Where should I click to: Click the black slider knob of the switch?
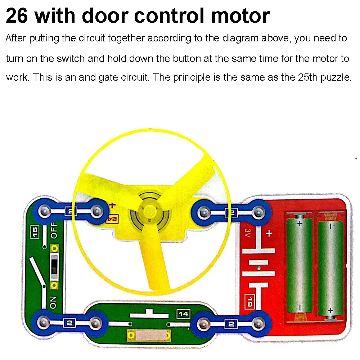54,265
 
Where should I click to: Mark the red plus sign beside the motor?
112,206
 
